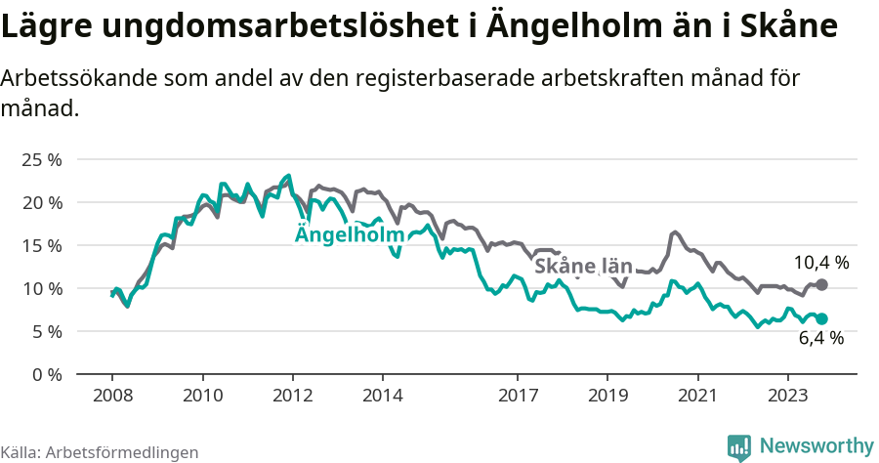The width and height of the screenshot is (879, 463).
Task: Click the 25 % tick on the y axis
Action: click(42, 159)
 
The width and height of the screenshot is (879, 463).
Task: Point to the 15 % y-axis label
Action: click(42, 245)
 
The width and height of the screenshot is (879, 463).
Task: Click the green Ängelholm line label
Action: click(350, 235)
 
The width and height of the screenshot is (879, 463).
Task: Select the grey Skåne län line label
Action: click(583, 266)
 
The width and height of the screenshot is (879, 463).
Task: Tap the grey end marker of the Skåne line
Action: click(822, 284)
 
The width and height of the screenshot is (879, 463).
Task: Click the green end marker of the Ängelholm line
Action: click(822, 318)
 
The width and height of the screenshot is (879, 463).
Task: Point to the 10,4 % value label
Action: click(820, 263)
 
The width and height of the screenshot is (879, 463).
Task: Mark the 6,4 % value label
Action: click(820, 339)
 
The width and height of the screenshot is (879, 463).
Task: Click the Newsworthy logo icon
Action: click(739, 446)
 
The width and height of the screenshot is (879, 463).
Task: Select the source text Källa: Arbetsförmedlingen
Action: click(100, 452)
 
